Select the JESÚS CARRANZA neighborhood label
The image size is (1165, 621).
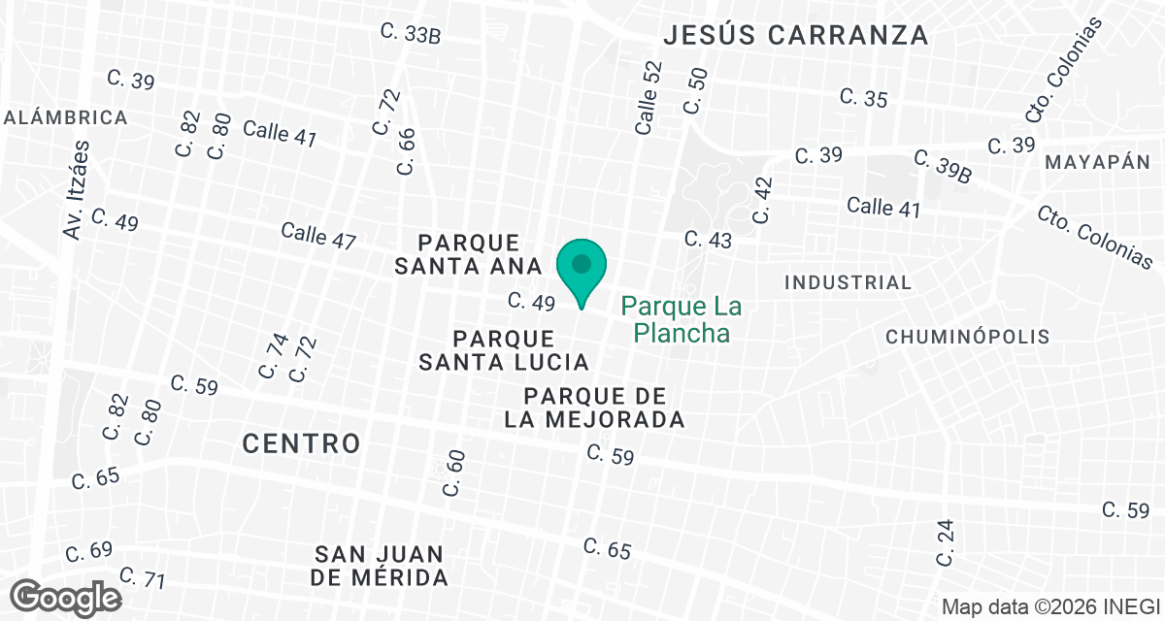(x=796, y=36)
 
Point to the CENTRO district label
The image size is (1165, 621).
(x=301, y=443)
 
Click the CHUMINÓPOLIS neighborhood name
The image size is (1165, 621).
(x=968, y=337)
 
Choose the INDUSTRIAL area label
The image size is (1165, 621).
(x=848, y=282)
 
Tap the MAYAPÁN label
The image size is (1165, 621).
(x=1097, y=163)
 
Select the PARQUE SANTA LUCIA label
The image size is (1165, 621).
(x=504, y=350)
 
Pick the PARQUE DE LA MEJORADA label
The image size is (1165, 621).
(x=594, y=408)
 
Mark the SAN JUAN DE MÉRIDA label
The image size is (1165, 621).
(x=380, y=566)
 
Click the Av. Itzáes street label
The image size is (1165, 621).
(x=76, y=190)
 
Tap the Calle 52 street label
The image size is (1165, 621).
(x=649, y=97)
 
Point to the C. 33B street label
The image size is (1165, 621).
(x=411, y=34)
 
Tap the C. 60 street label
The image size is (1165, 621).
(x=453, y=473)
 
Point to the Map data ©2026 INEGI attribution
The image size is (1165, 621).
(x=1050, y=606)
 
